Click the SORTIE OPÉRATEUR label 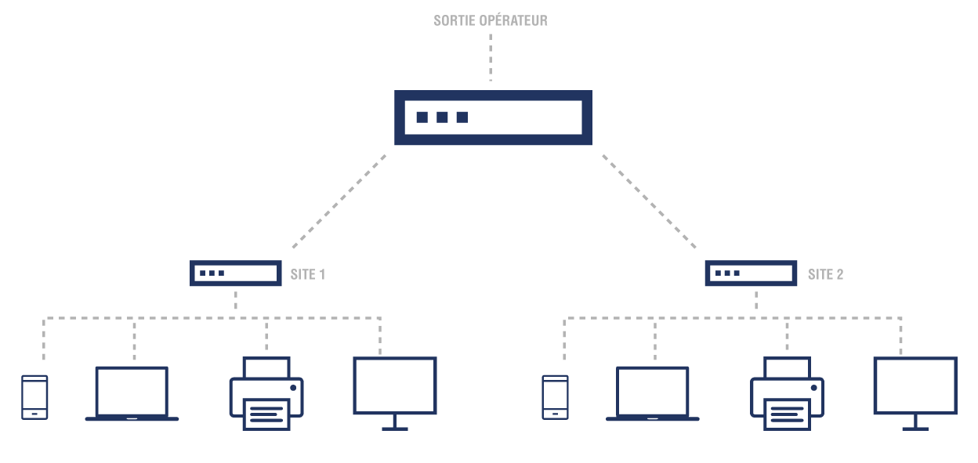[491, 20]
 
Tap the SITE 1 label [308, 274]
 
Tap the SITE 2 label [826, 274]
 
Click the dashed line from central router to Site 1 [339, 201]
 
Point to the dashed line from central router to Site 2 [649, 201]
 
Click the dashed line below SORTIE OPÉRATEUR [491, 57]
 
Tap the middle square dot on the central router [442, 117]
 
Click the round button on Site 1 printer [293, 388]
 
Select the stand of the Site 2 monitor [915, 423]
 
